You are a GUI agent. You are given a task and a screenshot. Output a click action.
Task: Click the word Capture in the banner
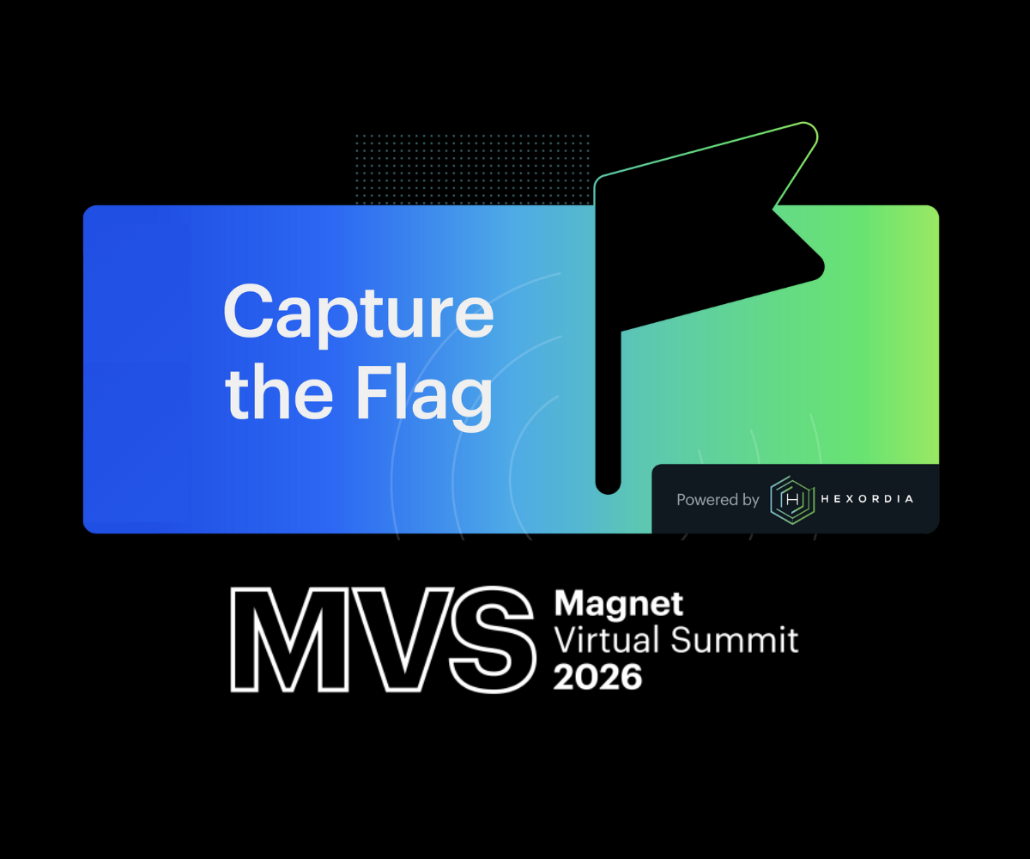point(358,314)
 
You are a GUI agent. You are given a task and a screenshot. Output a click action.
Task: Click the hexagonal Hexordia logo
point(791,499)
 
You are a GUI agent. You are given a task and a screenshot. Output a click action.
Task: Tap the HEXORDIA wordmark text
point(867,499)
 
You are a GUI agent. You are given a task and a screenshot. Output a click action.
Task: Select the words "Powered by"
point(718,500)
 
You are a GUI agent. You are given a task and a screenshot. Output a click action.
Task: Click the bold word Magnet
point(618,605)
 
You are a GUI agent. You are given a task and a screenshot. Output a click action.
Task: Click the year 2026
point(597,677)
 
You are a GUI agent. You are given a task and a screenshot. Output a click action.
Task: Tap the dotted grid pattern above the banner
point(472,168)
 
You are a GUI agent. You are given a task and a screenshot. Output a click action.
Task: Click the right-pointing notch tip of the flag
point(774,209)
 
